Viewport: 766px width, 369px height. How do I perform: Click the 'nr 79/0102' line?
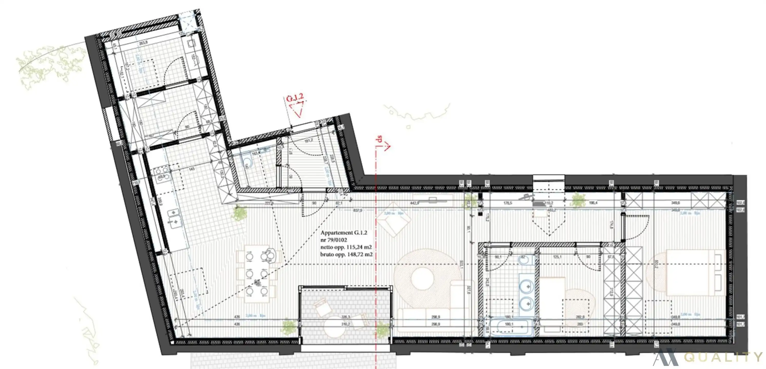point(334,240)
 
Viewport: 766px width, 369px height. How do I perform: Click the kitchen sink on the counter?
point(174,218)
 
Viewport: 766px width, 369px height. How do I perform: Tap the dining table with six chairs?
point(257,274)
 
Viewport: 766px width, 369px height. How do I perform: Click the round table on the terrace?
point(335,327)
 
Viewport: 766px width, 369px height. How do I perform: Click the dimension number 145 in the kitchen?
point(192,169)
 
